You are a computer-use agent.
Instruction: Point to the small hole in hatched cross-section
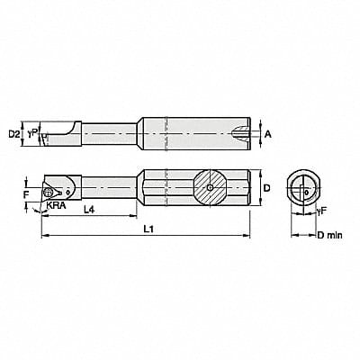[x=208, y=188]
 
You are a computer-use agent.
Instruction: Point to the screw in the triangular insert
[x=57, y=191]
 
